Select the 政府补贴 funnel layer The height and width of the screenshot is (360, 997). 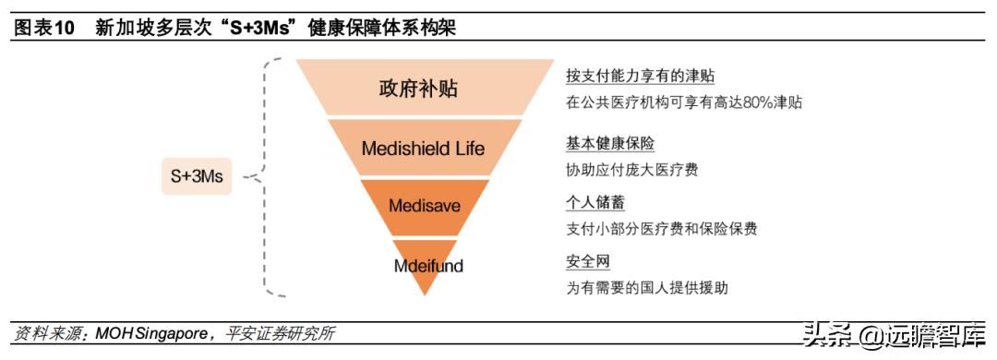coord(418,89)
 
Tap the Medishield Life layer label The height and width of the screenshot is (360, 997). coord(422,148)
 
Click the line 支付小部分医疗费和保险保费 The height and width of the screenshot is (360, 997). coord(662,229)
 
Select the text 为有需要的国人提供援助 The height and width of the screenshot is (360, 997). coord(647,288)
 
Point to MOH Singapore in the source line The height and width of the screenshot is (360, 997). coord(150,334)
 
